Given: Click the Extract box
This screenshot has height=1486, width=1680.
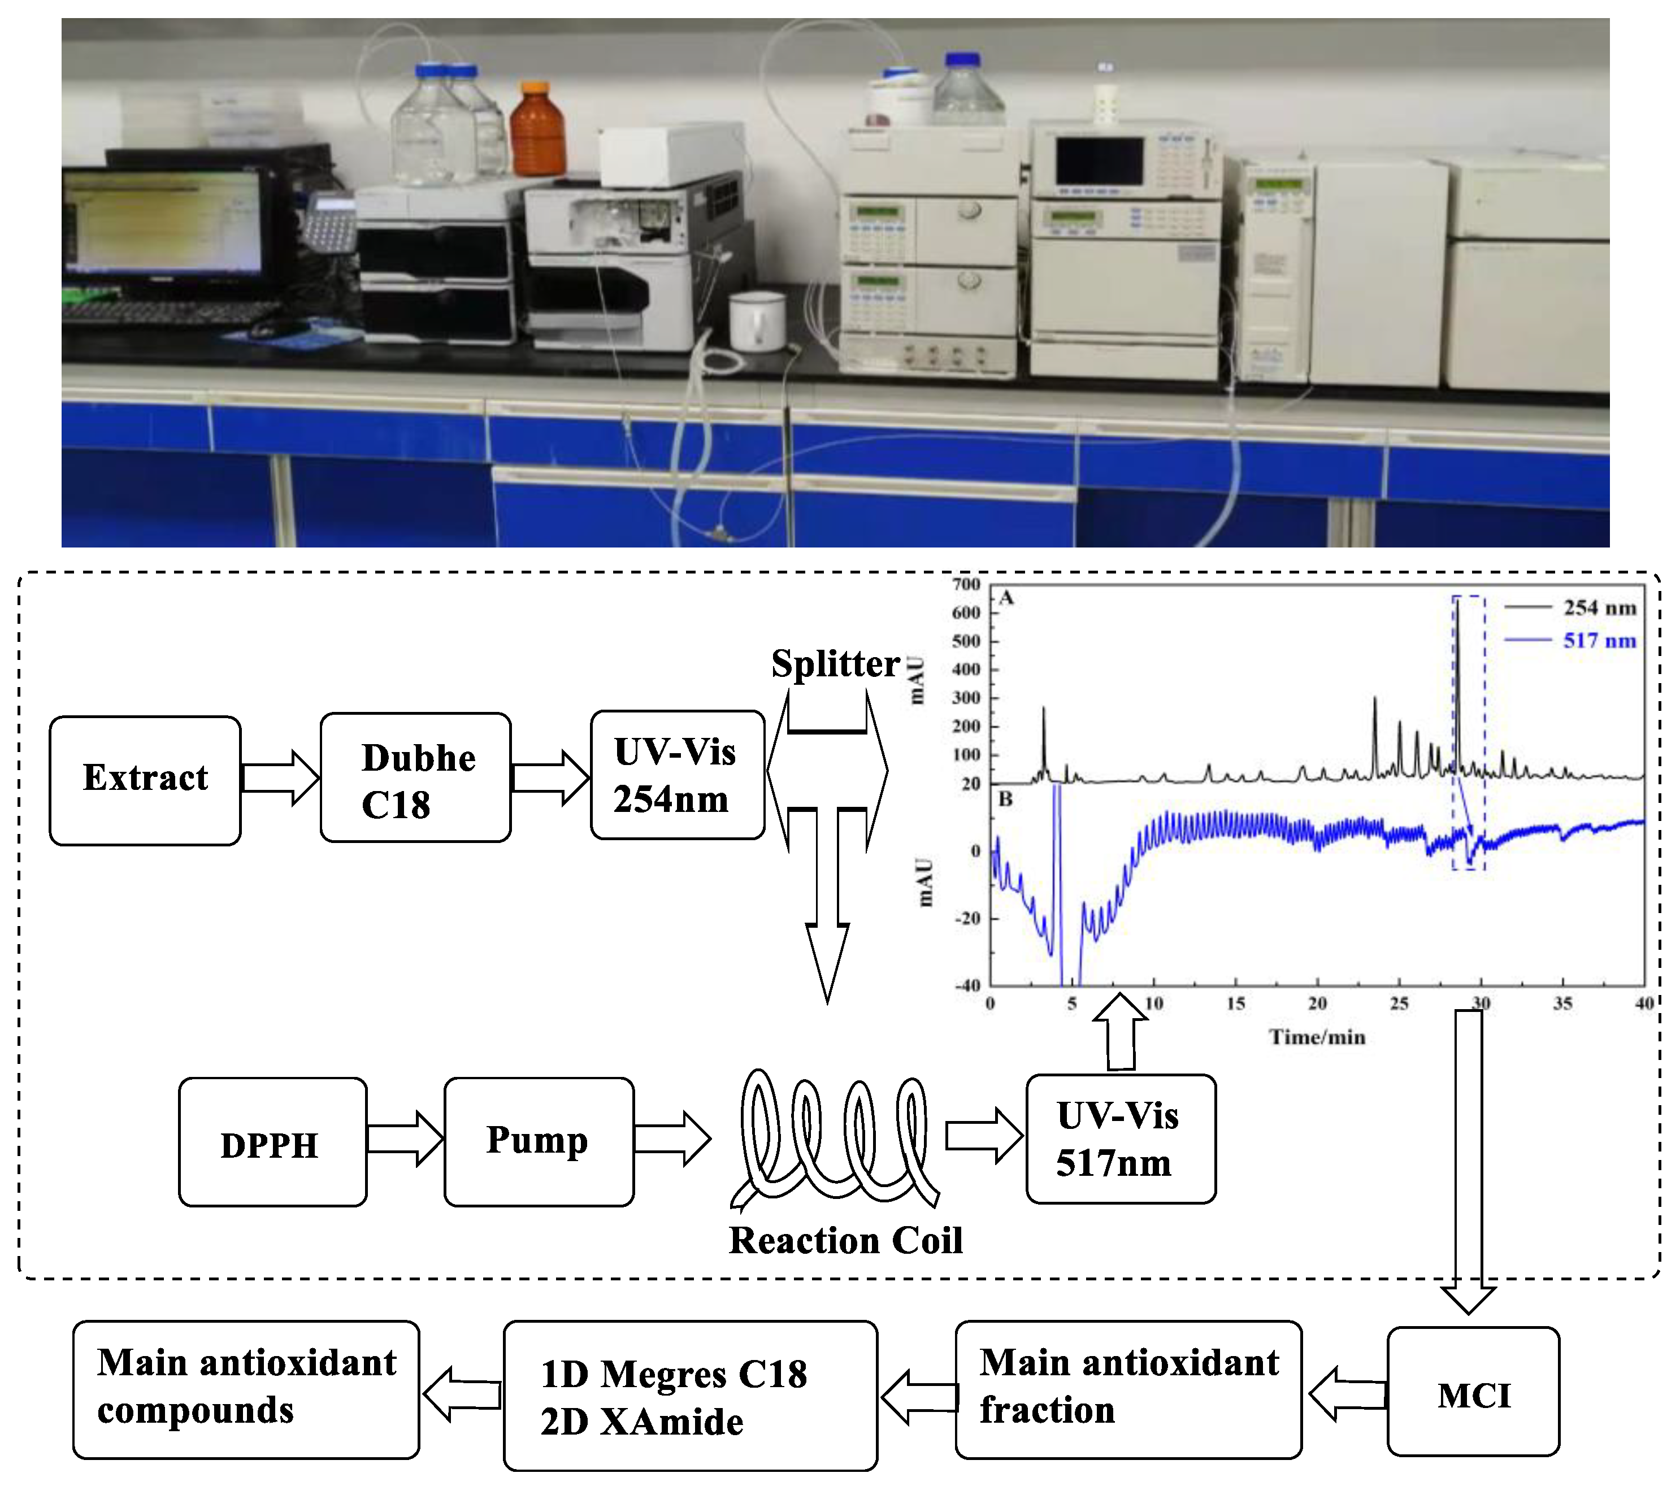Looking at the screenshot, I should click(x=145, y=780).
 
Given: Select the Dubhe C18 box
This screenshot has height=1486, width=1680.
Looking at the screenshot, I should click(x=415, y=777).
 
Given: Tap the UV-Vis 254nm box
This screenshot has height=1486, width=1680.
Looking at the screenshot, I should click(x=678, y=775).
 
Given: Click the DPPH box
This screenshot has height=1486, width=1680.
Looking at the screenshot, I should click(x=272, y=1142).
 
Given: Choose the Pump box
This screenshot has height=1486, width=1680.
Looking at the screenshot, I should click(x=539, y=1142).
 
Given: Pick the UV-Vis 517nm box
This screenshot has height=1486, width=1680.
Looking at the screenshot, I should click(x=1120, y=1139).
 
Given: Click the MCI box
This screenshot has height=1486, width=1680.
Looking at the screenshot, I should click(x=1473, y=1395).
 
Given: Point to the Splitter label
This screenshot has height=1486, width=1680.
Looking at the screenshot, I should click(x=835, y=664).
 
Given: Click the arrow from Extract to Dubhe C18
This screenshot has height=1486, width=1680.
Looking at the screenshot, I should click(x=280, y=777).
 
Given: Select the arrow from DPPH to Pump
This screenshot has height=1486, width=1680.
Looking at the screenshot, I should click(x=405, y=1139).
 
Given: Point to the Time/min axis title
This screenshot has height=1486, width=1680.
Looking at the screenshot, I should click(x=1317, y=1037).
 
